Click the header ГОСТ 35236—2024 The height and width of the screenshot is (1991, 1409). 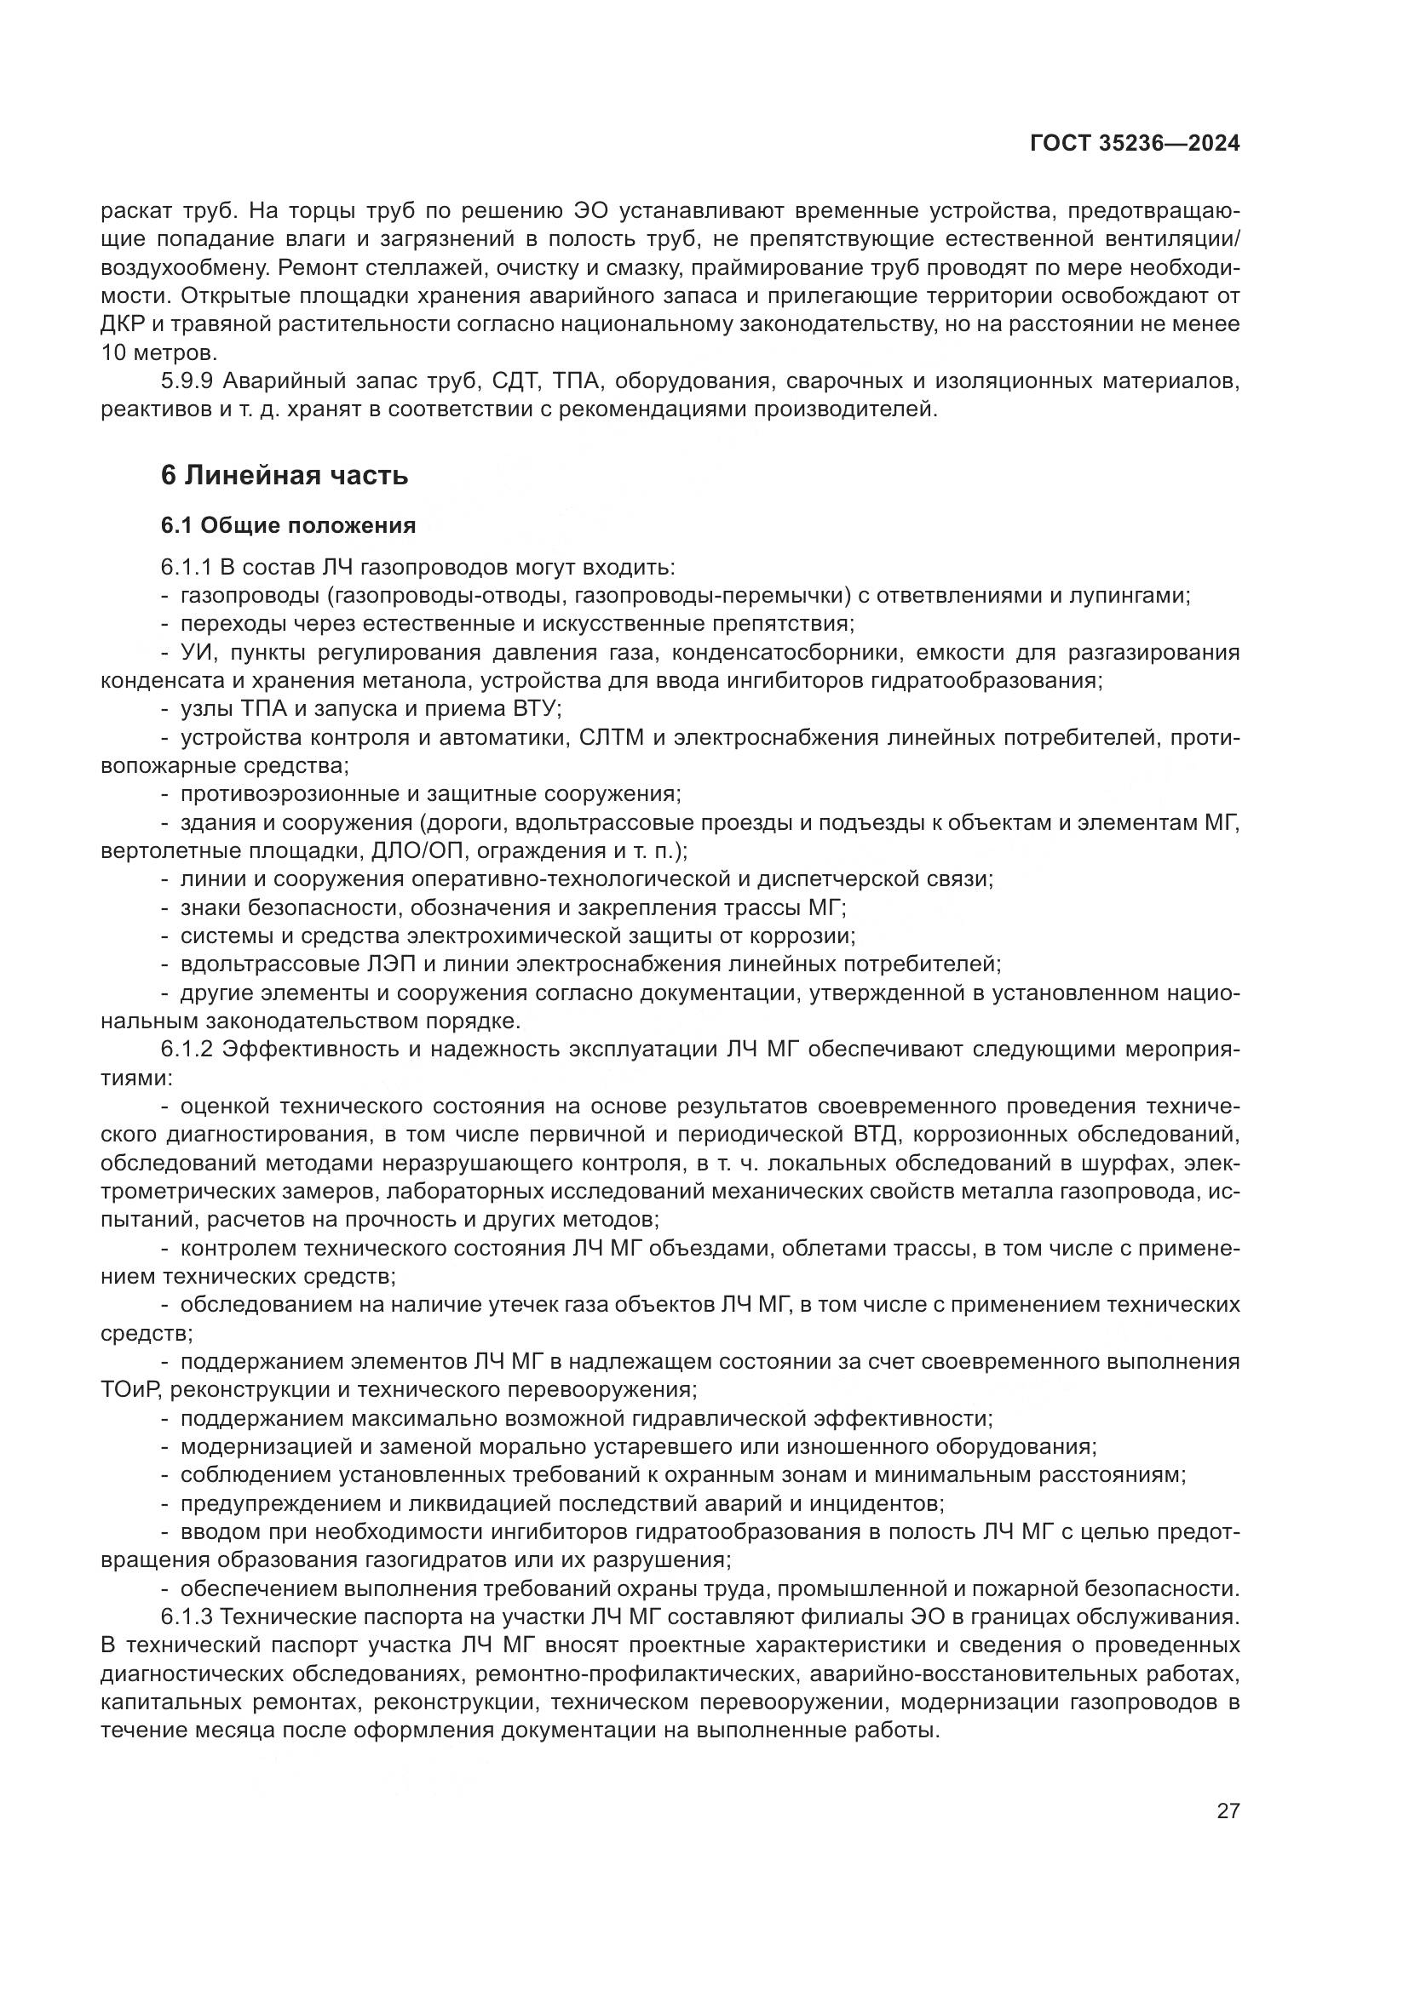pos(1134,144)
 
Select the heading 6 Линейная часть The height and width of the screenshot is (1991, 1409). pos(284,475)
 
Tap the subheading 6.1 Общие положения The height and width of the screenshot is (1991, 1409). pos(287,525)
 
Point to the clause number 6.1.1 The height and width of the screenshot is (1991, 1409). pos(186,568)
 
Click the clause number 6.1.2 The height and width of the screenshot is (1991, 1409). pos(186,1050)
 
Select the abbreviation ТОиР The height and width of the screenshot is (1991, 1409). pos(129,1389)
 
